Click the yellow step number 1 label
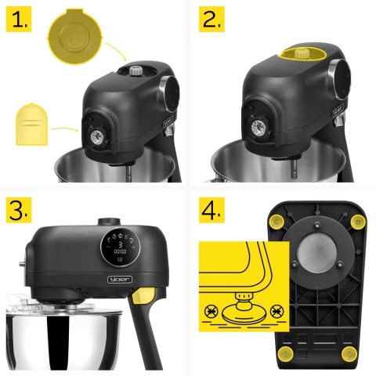[x=19, y=20]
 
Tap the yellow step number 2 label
[x=211, y=20]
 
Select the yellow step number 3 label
[x=19, y=210]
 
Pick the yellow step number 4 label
[x=211, y=210]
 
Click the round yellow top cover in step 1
[x=75, y=36]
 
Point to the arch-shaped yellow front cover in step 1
[x=32, y=125]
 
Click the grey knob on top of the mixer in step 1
[x=136, y=70]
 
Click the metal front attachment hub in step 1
[x=97, y=136]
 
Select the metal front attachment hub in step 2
[x=258, y=128]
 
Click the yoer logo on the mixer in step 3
[x=120, y=280]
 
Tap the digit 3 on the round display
[x=121, y=245]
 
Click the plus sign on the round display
[x=133, y=247]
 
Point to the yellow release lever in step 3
[x=143, y=295]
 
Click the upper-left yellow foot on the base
[x=277, y=222]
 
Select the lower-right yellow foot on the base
[x=349, y=354]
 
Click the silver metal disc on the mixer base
[x=317, y=253]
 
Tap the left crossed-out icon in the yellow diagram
[x=211, y=312]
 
